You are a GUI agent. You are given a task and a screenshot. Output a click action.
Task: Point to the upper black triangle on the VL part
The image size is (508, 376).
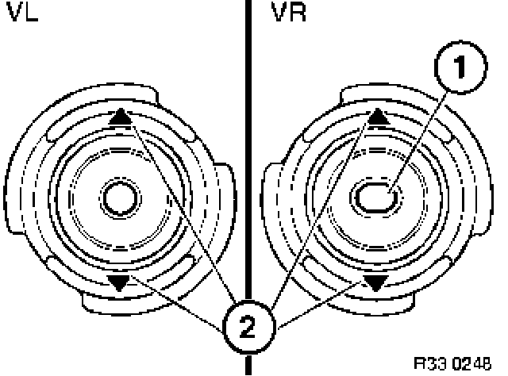[118, 117]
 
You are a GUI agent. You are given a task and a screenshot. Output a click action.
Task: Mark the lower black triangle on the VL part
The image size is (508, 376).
[119, 282]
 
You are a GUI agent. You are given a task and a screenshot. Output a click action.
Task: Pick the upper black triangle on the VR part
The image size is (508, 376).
[378, 117]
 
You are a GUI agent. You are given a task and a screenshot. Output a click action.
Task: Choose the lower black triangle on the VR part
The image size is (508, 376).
[378, 282]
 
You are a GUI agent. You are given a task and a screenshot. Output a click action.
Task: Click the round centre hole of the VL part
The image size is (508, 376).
[119, 196]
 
